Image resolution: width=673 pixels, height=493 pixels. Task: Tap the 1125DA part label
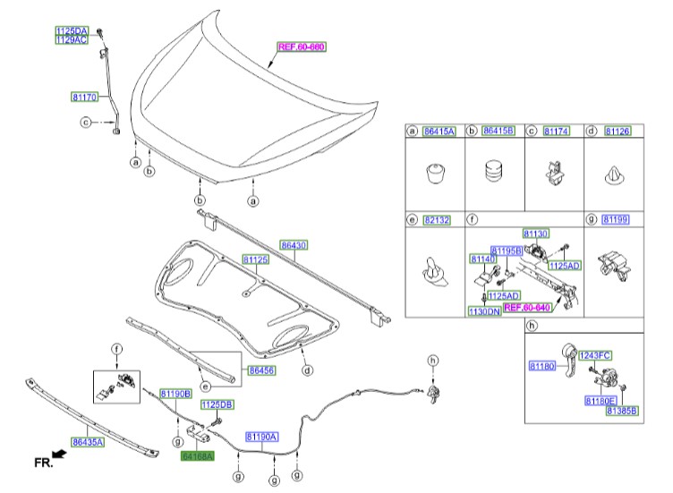click(72, 30)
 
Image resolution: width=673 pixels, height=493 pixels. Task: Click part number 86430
click(294, 243)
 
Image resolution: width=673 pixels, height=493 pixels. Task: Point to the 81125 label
click(256, 259)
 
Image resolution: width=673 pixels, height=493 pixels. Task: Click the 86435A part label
click(88, 441)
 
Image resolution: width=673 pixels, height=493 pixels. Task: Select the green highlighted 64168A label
click(197, 455)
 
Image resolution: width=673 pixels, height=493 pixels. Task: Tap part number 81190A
click(262, 436)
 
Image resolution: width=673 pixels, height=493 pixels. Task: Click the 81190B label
click(176, 394)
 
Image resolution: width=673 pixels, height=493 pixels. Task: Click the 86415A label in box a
click(439, 131)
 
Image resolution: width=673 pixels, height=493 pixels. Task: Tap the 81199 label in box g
click(616, 219)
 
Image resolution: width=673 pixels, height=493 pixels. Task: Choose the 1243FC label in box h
click(593, 355)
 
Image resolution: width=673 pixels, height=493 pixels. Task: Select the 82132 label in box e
click(437, 219)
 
